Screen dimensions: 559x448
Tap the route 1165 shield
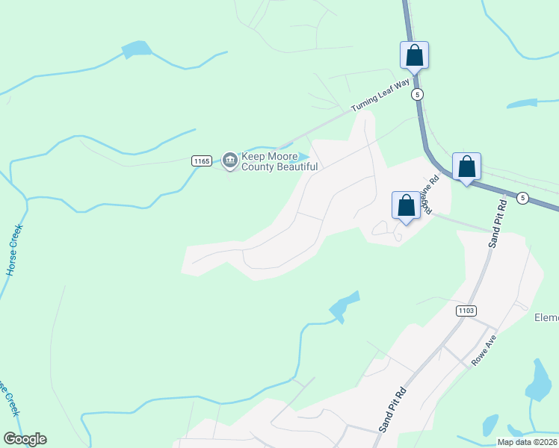coord(200,161)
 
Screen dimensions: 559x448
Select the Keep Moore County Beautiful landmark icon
coord(229,159)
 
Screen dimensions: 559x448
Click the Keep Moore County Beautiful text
coord(279,162)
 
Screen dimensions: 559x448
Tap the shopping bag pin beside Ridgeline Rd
coord(406,206)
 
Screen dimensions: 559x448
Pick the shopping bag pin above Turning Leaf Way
coord(414,55)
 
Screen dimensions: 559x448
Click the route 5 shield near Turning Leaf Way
coord(417,94)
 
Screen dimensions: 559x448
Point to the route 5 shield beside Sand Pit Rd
coord(522,198)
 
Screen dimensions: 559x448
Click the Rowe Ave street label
coord(484,350)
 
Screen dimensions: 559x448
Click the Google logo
coord(25,439)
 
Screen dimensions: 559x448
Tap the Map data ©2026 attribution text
coord(527,442)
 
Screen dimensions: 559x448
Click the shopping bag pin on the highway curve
coord(466,167)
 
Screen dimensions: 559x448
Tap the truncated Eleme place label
coord(546,317)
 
